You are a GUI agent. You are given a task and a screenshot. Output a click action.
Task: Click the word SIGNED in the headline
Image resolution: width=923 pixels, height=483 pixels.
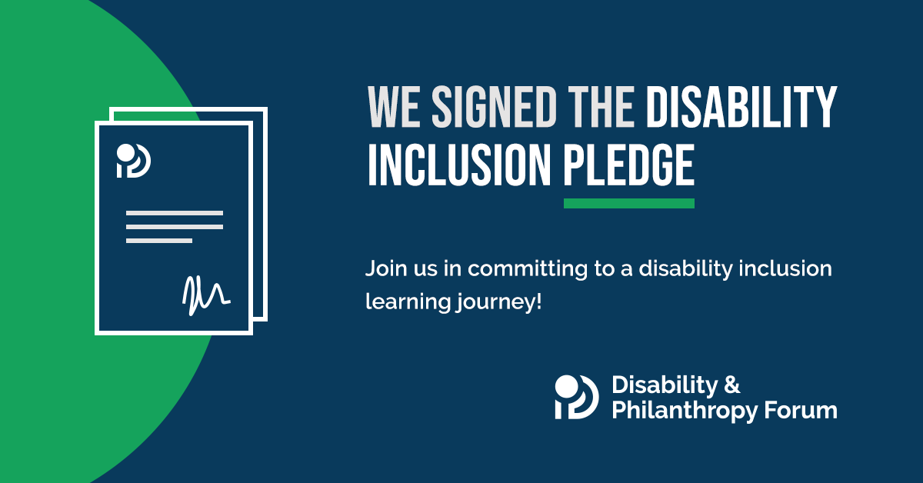(495, 106)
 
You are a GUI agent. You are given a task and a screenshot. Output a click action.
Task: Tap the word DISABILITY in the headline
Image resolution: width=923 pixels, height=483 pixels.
(741, 106)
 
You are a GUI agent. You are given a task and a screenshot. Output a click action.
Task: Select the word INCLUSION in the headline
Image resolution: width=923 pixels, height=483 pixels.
(459, 165)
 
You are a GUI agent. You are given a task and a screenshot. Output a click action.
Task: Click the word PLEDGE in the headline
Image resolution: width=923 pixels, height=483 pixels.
(629, 165)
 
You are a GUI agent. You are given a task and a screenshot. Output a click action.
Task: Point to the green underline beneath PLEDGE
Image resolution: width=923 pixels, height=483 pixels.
(629, 203)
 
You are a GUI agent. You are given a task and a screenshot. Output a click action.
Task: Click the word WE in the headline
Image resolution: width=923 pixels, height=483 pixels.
(394, 106)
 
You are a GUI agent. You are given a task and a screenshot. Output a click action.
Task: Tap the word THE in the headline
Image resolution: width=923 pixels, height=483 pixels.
(601, 106)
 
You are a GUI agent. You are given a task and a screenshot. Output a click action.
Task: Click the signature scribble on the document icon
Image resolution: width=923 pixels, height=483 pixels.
(206, 295)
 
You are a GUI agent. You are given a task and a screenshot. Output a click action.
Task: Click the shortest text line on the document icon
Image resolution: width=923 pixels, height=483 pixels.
(159, 241)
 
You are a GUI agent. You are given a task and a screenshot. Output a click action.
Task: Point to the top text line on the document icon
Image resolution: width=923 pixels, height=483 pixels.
(175, 213)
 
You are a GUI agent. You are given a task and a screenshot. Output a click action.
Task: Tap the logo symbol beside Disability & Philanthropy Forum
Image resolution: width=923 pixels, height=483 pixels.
(576, 397)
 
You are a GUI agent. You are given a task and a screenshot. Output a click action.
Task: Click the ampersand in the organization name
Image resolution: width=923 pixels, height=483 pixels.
(731, 385)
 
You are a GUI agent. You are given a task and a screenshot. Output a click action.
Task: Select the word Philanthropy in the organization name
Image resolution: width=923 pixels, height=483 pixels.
(685, 411)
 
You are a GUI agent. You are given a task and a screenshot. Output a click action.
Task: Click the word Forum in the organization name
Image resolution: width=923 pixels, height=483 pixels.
(801, 411)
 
